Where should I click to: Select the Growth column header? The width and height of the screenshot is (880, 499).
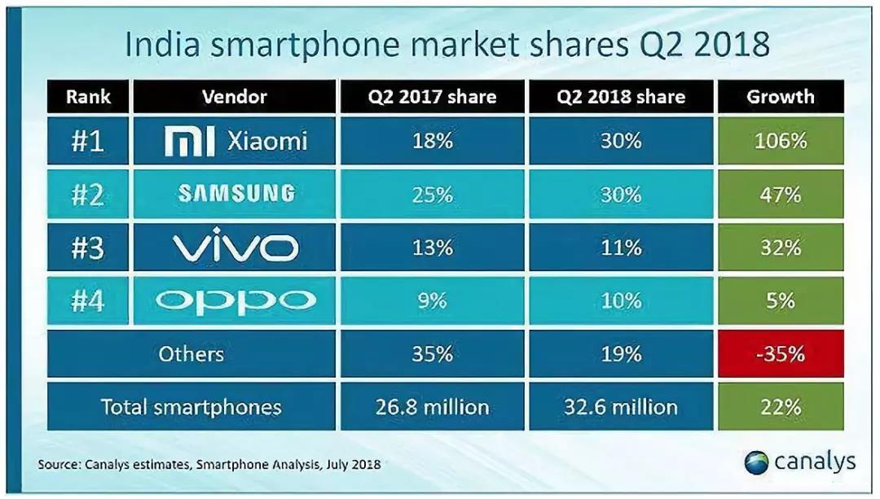click(780, 97)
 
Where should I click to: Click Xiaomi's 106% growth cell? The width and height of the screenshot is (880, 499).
click(780, 141)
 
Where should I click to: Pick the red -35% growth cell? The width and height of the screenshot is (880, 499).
click(780, 354)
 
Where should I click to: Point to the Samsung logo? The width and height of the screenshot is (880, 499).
click(235, 194)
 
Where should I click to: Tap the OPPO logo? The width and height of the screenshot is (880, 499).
click(235, 300)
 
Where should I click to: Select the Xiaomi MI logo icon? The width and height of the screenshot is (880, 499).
click(189, 142)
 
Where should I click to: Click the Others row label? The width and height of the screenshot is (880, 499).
click(191, 354)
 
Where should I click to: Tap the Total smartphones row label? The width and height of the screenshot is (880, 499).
click(191, 407)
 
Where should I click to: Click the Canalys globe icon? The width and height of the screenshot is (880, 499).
click(756, 462)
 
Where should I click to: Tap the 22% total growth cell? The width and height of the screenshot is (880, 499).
click(780, 407)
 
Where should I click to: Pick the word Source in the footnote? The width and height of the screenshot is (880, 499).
click(56, 465)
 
